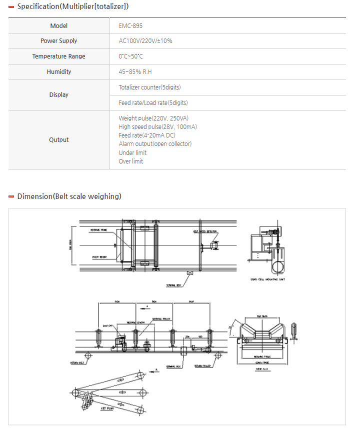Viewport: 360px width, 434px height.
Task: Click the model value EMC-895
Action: coord(130,25)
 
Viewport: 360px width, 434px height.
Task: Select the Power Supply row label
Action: coord(59,41)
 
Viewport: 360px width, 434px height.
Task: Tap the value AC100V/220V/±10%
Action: coord(145,41)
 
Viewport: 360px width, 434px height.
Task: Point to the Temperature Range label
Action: coord(59,56)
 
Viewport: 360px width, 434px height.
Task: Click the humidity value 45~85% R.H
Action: coord(135,72)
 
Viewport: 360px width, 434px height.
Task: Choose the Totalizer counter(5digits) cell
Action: coord(149,87)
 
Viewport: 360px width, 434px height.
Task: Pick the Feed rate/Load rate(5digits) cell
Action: coord(153,103)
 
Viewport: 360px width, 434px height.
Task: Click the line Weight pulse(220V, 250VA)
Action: coord(153,118)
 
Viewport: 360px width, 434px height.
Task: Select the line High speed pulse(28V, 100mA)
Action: coord(157,127)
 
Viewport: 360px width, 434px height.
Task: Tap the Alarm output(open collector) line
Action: coord(155,144)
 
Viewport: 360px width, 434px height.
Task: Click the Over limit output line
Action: coord(131,161)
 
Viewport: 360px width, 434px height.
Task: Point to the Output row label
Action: coord(59,140)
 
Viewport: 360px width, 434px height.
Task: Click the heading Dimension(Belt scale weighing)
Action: coord(69,196)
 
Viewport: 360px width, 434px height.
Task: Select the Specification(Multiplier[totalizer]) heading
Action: coord(72,6)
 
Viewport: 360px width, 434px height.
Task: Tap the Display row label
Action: coord(59,95)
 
